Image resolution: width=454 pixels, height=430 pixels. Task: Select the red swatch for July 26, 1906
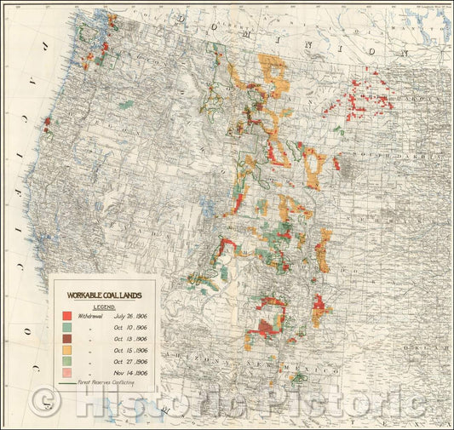pos(66,316)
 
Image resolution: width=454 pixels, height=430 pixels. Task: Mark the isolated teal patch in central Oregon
pos(127,105)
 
